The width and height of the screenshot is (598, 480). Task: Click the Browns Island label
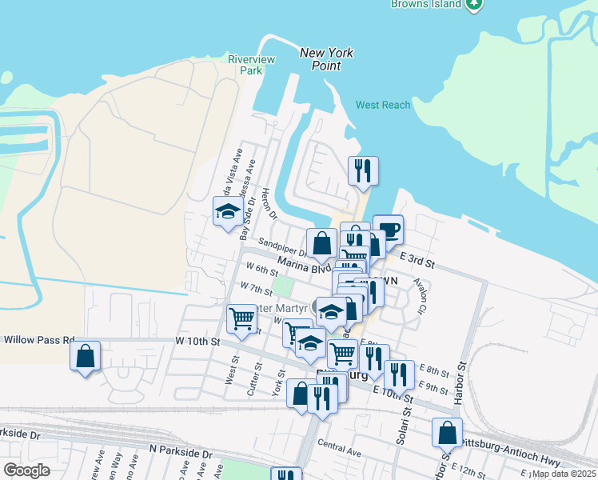click(426, 4)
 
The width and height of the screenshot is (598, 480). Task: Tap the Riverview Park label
click(251, 65)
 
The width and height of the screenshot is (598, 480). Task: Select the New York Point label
click(326, 58)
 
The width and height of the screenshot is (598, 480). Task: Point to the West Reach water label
click(383, 105)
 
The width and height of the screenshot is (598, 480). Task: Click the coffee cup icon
click(389, 230)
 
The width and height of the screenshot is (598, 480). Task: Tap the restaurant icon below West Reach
click(363, 170)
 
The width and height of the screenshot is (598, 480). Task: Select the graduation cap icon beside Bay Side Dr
click(228, 212)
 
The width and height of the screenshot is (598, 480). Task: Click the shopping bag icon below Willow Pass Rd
click(86, 356)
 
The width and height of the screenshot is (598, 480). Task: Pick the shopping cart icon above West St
click(241, 318)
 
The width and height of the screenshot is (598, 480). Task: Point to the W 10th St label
click(197, 342)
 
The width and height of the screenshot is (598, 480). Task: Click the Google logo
click(26, 470)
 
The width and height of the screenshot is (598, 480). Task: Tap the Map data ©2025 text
click(563, 474)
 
